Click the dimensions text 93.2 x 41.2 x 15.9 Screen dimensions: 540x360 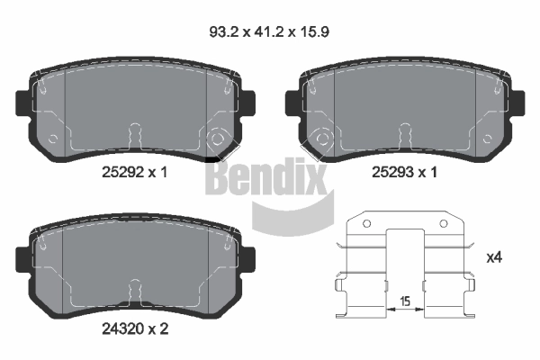pos(269,32)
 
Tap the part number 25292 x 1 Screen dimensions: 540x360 pos(135,172)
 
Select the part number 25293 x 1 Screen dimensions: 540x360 pos(404,172)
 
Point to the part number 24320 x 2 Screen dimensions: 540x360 pos(135,328)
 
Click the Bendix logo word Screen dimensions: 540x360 pos(265,176)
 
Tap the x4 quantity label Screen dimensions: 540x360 pos(494,257)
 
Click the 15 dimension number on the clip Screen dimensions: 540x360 pos(405,301)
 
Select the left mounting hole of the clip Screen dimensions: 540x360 pos(367,224)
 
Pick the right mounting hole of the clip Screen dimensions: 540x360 pos(444,224)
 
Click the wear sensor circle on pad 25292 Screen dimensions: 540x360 pos(217,139)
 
